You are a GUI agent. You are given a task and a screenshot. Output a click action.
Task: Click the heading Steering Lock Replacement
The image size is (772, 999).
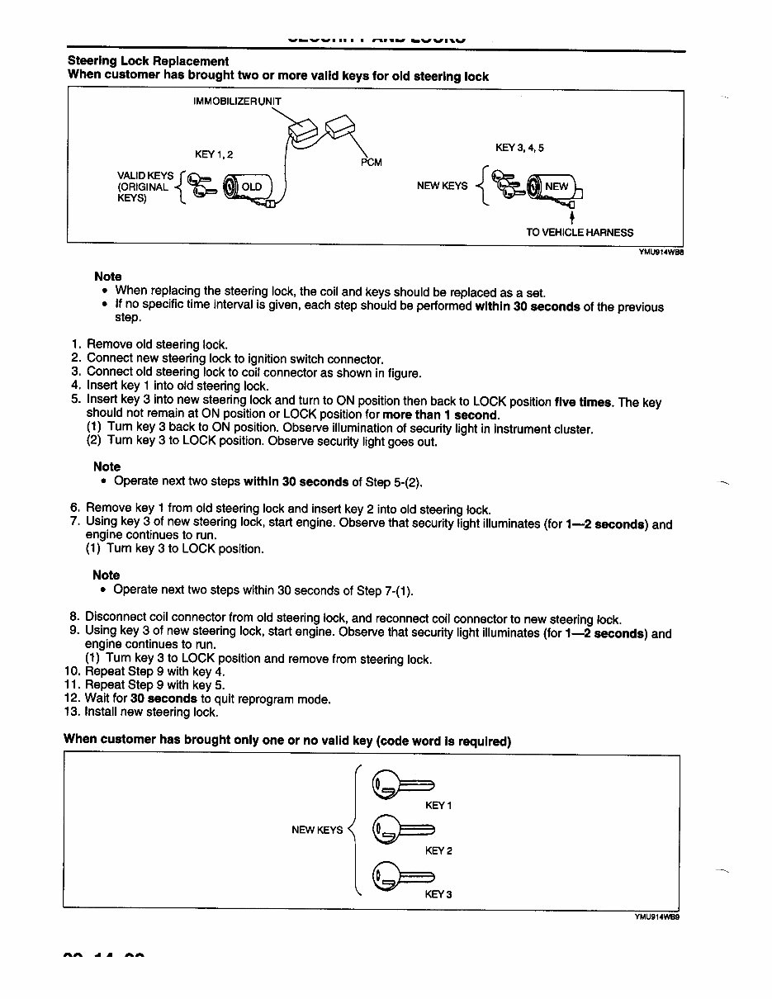148,61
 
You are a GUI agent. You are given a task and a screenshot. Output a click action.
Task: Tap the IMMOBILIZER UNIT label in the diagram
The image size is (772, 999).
237,102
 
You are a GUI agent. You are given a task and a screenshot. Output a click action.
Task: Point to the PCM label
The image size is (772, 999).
372,162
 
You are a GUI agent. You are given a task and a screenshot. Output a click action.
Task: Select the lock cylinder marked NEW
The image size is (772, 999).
553,187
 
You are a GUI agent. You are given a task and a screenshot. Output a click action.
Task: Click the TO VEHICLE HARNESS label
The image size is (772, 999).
580,232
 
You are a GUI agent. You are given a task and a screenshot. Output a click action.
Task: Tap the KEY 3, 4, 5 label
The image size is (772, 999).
519,148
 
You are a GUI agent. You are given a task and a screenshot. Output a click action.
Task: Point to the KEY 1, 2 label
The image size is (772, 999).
214,154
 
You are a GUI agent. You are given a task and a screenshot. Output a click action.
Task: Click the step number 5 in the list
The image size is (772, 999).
74,401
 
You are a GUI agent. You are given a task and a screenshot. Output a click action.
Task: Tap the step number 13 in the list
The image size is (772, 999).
72,712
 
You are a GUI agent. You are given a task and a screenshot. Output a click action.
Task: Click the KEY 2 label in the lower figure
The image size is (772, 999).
438,850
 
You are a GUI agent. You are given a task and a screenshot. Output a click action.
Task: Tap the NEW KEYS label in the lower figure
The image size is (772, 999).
317,830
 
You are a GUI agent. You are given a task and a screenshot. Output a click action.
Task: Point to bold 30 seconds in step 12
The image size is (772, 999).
163,698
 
